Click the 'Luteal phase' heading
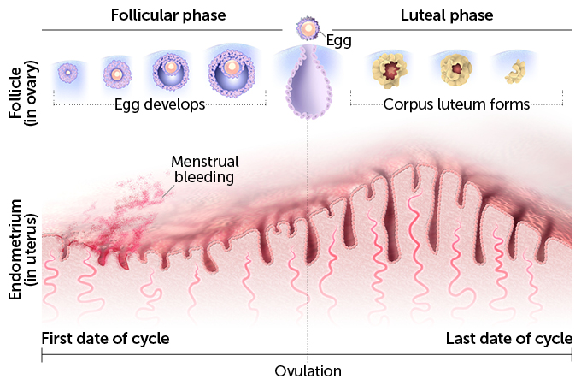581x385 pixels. (446, 15)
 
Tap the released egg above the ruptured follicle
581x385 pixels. (307, 29)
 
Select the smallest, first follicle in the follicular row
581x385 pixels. (67, 74)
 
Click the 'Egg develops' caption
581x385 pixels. (160, 104)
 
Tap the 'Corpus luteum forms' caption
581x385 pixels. (456, 104)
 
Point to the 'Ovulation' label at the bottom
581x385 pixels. (308, 371)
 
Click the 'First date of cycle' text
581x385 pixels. (105, 338)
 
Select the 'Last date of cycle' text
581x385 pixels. (509, 338)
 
